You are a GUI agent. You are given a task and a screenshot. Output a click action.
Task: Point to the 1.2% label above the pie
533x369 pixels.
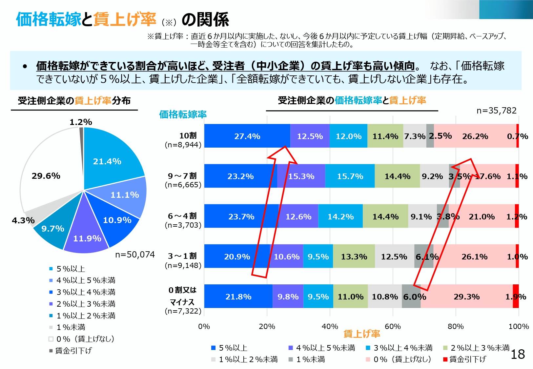click(81, 122)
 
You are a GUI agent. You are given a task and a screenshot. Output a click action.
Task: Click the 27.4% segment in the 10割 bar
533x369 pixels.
click(247, 136)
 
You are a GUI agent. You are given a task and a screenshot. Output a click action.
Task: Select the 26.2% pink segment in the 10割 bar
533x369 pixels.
click(475, 136)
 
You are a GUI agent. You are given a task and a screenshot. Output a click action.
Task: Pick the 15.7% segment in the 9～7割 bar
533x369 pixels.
click(350, 176)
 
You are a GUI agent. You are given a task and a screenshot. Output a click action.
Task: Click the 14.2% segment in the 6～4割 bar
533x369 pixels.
click(340, 216)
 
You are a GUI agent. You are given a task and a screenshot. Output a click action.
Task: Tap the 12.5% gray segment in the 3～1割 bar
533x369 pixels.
click(394, 256)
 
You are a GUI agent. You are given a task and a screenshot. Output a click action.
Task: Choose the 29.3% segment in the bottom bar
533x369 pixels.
click(466, 297)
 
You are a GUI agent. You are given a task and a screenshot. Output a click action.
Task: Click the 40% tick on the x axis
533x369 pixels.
click(330, 326)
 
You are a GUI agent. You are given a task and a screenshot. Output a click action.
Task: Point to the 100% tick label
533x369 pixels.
click(519, 326)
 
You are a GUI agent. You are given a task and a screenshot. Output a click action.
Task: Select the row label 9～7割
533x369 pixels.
click(182, 176)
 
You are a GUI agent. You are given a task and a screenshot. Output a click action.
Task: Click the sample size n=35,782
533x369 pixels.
click(496, 111)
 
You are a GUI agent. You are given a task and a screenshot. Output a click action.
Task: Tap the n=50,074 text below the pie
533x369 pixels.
click(135, 255)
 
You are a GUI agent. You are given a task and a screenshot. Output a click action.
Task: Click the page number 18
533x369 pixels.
click(518, 354)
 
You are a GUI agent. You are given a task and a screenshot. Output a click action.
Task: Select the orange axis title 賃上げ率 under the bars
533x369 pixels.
click(361, 334)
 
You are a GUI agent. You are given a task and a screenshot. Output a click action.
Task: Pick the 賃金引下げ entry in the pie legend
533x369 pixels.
click(73, 351)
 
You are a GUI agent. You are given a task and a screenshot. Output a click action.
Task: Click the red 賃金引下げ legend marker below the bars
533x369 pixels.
click(445, 359)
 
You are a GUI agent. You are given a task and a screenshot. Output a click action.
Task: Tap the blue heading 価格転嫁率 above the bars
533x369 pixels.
click(183, 114)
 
